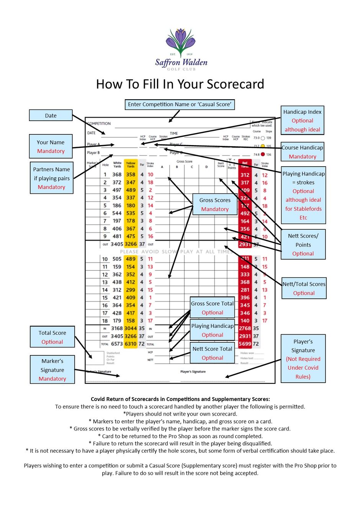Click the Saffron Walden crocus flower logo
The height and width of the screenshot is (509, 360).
coord(180,43)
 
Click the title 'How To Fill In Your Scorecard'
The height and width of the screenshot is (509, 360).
coord(180,84)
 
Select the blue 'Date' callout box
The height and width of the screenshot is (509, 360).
coord(51,116)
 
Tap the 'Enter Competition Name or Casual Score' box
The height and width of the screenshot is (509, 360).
coord(180,105)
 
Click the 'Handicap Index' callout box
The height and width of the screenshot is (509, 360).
coord(302,121)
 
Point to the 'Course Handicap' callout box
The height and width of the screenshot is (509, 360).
coord(303,152)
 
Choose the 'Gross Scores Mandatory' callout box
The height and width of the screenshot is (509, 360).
coord(215,205)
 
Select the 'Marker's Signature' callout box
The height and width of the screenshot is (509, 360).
coord(52,370)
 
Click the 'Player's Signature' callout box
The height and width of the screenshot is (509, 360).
coord(303,359)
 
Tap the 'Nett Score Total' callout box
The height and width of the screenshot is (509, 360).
coord(212,353)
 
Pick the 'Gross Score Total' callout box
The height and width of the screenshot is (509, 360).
coord(212,308)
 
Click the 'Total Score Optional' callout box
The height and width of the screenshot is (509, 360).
coord(52,337)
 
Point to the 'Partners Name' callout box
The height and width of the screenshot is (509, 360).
coord(52,178)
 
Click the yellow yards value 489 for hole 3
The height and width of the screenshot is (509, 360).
coord(131,190)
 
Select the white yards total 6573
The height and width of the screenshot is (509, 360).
coord(117,344)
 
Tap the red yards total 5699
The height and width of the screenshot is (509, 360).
coord(245,344)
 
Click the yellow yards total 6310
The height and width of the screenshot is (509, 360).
coord(131,344)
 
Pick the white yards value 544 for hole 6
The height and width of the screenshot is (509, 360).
coord(117,213)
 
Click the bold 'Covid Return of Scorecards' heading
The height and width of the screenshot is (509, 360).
coord(180,399)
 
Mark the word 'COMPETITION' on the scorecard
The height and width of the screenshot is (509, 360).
coord(99,124)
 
